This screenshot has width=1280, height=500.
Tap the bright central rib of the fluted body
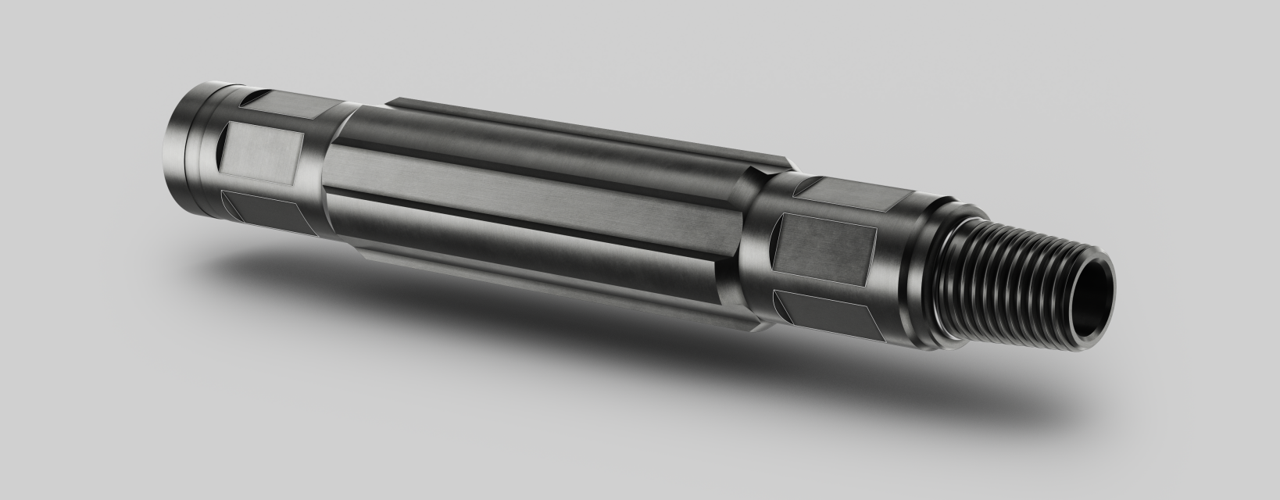531,195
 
